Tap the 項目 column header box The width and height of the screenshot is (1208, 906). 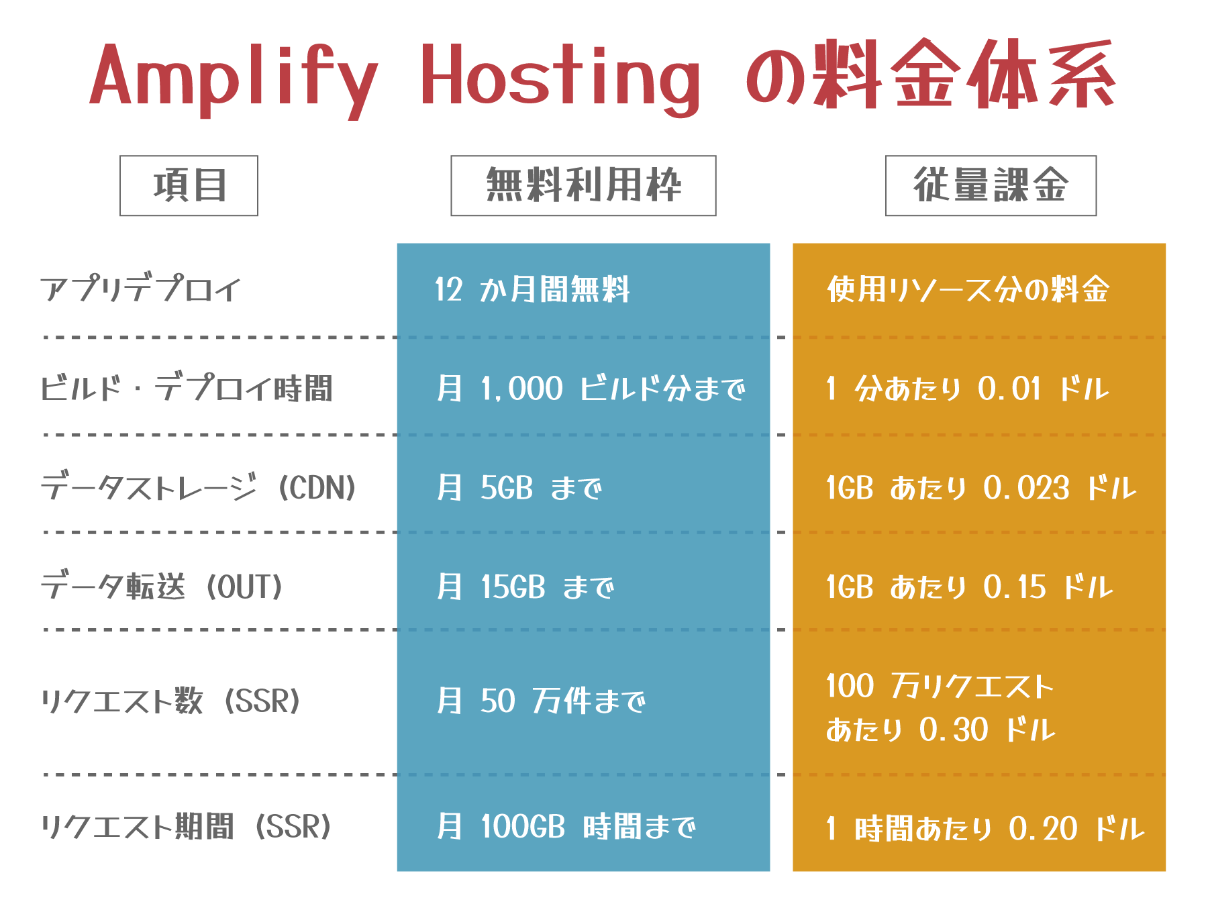(189, 186)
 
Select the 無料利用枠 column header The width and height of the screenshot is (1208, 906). (583, 186)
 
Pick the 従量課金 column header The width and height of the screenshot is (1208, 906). (991, 186)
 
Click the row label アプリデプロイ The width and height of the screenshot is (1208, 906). (140, 290)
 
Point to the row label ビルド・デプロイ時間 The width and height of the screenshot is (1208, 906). (187, 389)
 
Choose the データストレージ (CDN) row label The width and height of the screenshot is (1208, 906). (199, 488)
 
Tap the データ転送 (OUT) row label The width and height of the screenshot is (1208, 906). (162, 587)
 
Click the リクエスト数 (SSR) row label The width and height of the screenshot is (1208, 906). (170, 701)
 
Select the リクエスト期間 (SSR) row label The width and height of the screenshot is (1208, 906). (186, 827)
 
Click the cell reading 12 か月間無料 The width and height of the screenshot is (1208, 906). (532, 290)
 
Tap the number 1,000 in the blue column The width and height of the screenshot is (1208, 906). (521, 389)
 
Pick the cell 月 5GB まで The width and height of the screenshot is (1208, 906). (519, 488)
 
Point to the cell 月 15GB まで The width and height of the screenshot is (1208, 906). (525, 587)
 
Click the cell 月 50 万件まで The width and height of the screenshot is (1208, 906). (540, 701)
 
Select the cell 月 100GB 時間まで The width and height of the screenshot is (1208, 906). (566, 827)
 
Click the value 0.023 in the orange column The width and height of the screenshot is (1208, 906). (1026, 488)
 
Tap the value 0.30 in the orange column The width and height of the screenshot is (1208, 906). (954, 729)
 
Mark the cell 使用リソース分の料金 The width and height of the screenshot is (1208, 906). (968, 290)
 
